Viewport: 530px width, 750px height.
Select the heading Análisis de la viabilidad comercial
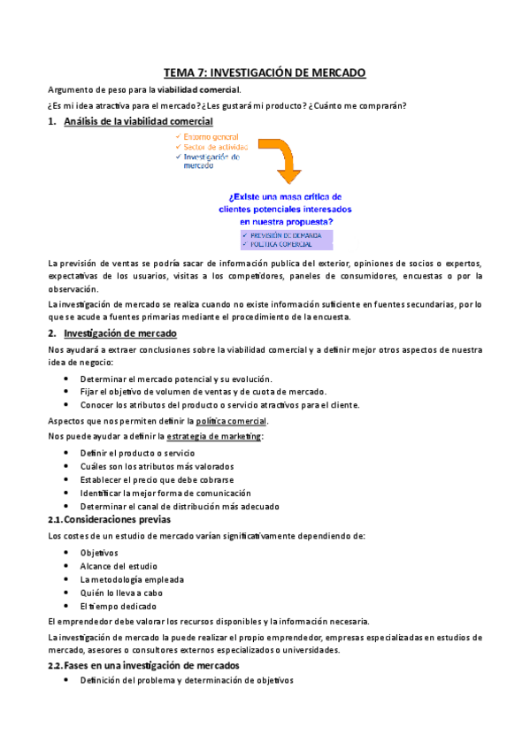pyautogui.click(x=138, y=121)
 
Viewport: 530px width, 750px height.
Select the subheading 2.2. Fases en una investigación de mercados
pyautogui.click(x=142, y=665)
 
